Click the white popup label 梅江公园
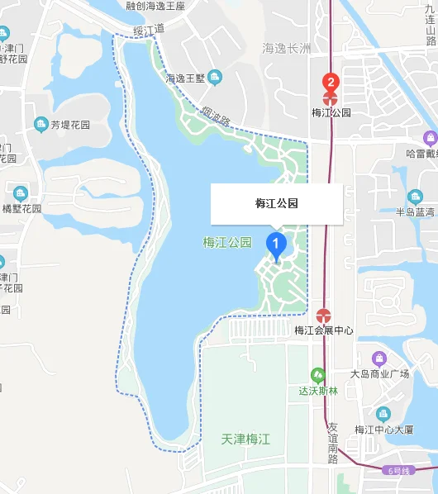coord(276,203)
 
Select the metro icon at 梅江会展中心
coord(324,315)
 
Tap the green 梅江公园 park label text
coord(227,243)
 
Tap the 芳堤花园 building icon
coord(40,125)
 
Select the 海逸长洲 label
coord(286,50)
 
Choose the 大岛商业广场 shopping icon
coord(379,358)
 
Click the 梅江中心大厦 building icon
coord(383,413)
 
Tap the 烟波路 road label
coord(224,118)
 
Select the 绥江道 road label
coord(150,30)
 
